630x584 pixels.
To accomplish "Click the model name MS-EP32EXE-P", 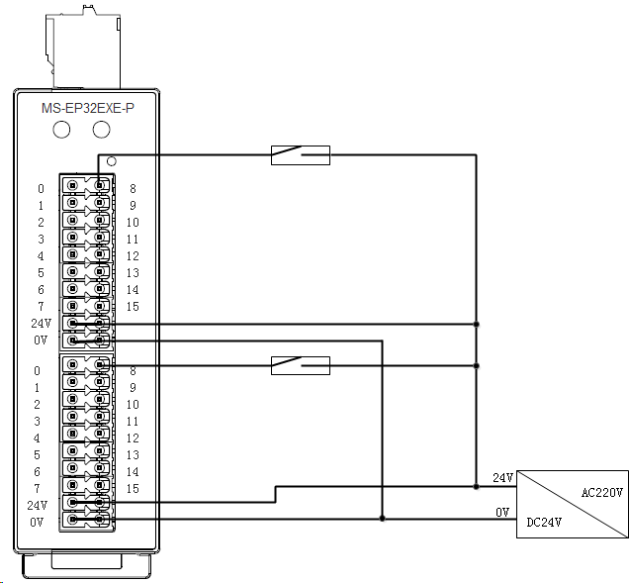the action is (x=88, y=108).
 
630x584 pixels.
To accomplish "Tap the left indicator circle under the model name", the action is (x=61, y=130).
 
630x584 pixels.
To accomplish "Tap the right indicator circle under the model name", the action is (x=101, y=130).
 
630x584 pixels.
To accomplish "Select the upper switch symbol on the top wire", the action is (x=301, y=155).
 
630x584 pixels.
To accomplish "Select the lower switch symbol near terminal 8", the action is (x=301, y=365).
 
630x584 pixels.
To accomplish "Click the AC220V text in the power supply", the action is (x=602, y=492).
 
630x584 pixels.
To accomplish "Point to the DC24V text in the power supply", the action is (x=544, y=522).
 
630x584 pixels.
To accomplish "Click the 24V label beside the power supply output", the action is (x=503, y=478).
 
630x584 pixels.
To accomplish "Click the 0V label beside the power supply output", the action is (x=502, y=512).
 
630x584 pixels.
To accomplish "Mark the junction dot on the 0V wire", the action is (x=382, y=519).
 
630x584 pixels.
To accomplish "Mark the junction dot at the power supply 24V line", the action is (x=476, y=487).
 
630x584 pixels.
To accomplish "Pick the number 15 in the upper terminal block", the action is (x=133, y=307).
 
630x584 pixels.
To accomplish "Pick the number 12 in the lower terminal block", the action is (x=133, y=438).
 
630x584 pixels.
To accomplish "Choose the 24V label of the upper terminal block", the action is (x=42, y=323).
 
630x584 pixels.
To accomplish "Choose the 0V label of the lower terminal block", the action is (x=37, y=522).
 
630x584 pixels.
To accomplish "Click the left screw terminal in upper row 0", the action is (x=72, y=185).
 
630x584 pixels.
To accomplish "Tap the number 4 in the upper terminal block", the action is (x=41, y=255).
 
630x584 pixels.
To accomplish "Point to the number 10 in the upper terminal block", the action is (x=133, y=223).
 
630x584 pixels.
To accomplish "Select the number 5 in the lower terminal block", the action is (x=37, y=455).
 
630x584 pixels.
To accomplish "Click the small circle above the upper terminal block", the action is (x=112, y=161).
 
